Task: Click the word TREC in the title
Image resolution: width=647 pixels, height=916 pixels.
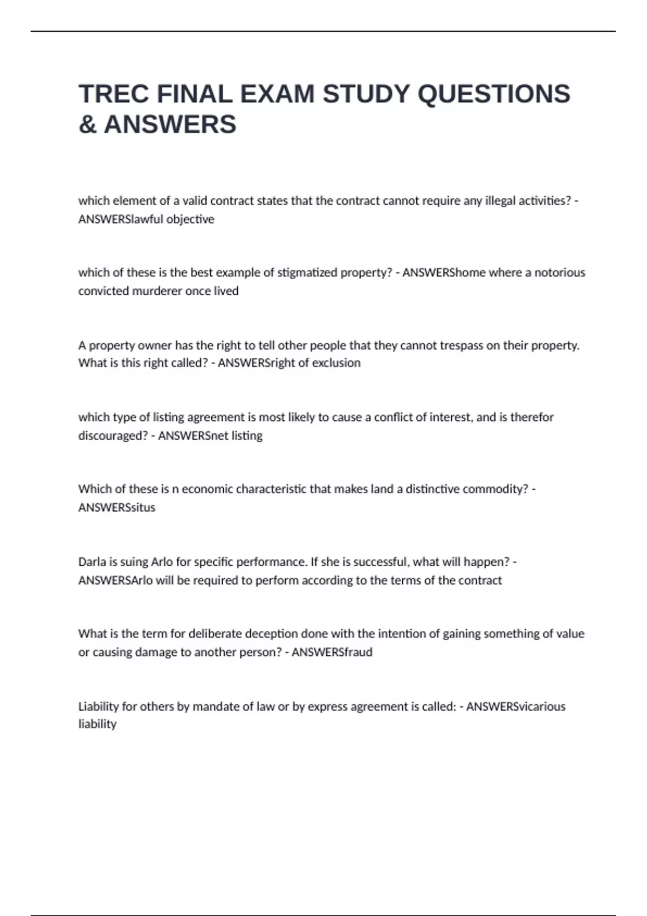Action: coord(114,94)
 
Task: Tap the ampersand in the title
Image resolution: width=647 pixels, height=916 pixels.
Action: coord(87,124)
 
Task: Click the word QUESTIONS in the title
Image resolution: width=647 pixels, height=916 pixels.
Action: coord(494,94)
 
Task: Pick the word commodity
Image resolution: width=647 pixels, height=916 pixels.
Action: coord(497,489)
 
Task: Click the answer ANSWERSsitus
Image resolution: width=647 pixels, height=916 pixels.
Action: coord(116,508)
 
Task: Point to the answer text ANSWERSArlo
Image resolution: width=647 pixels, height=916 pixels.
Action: coord(115,580)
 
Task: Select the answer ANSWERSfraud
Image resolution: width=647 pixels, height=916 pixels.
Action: coord(332,652)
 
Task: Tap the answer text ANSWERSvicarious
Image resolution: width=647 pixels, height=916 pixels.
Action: coord(515,706)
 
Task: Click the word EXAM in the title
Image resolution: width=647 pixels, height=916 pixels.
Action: coord(277,94)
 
